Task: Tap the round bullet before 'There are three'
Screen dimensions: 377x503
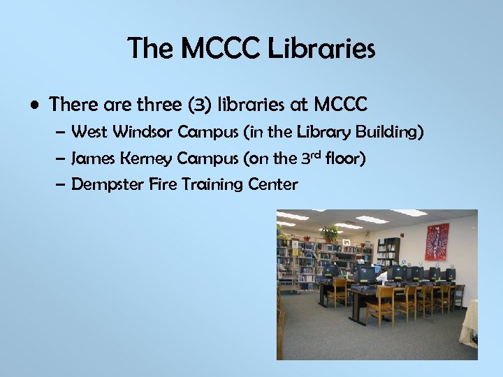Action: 34,105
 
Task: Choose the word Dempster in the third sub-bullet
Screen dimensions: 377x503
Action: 103,185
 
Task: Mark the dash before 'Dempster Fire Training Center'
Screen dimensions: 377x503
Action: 61,185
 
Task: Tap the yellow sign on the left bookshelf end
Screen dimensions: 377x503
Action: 296,251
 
